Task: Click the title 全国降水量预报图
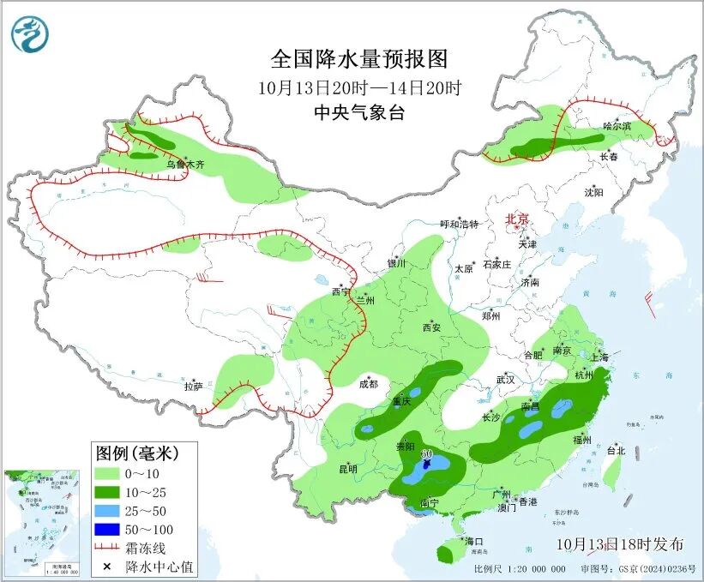[x=359, y=59]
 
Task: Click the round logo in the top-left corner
[x=30, y=34]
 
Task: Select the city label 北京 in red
[x=519, y=219]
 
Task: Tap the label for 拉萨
[x=193, y=387]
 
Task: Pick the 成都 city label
[x=368, y=383]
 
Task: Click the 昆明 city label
[x=347, y=468]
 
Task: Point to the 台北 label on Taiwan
[x=616, y=450]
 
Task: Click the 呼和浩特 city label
[x=459, y=225]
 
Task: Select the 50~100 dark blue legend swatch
[x=106, y=529]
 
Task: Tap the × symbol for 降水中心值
[x=106, y=567]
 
